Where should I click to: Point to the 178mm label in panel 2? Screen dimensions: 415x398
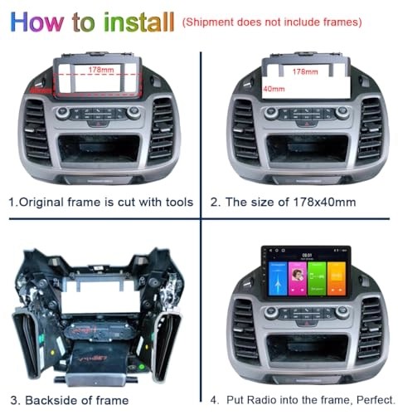[307, 71]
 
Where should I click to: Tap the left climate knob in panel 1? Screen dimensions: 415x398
[63, 113]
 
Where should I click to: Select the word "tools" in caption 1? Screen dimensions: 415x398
[177, 202]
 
